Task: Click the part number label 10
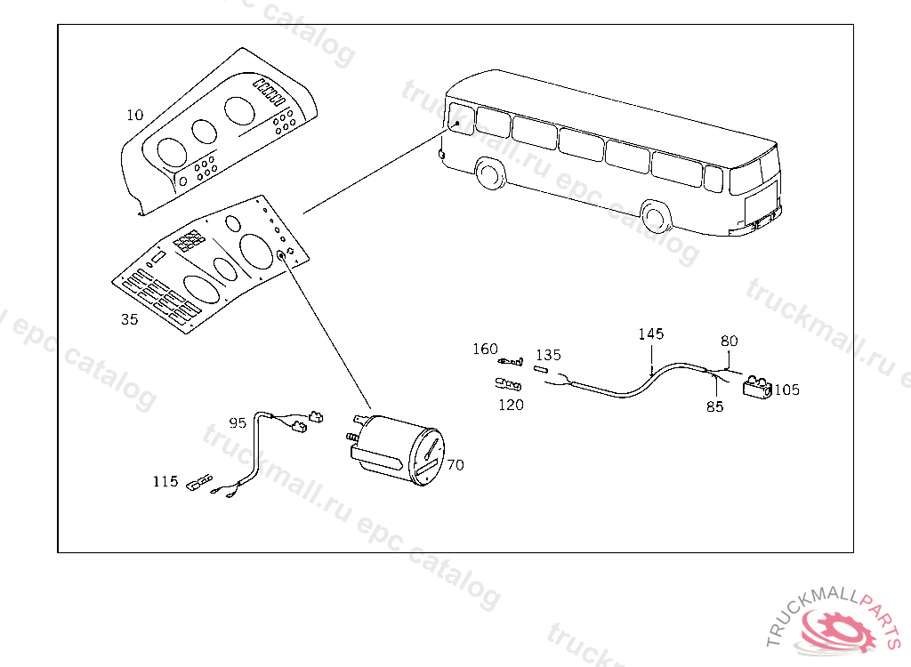[135, 115]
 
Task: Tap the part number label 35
[130, 319]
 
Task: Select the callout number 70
[455, 465]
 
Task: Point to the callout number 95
[238, 423]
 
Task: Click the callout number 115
[165, 481]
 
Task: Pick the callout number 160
[485, 349]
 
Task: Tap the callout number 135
[548, 355]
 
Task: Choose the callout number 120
[512, 405]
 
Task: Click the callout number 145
[650, 333]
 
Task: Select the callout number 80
[730, 341]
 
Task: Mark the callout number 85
[715, 406]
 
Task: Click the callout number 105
[786, 390]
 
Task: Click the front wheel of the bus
[656, 217]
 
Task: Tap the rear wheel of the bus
[489, 173]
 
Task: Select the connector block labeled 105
[757, 386]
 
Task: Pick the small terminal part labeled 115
[199, 482]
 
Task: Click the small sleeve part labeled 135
[541, 370]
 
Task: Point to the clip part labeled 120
[508, 383]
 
